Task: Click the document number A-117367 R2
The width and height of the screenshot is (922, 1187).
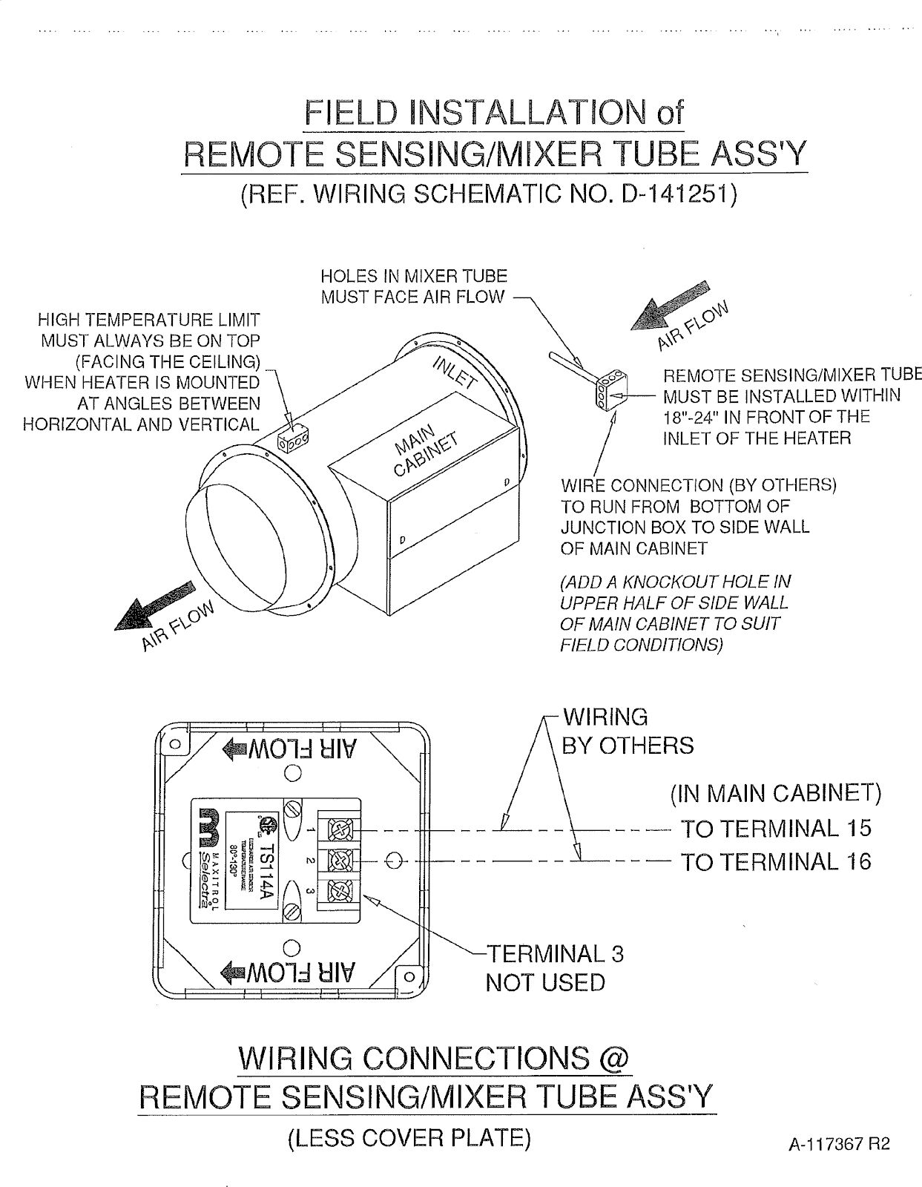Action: [838, 1145]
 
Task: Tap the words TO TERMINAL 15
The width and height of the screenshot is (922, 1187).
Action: [775, 829]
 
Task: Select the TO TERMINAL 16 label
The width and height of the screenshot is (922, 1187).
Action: [775, 862]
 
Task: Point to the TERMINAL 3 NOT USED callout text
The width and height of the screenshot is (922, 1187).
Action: [554, 967]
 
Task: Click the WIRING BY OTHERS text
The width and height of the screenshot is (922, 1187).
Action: [627, 731]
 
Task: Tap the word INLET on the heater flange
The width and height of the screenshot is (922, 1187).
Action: [452, 370]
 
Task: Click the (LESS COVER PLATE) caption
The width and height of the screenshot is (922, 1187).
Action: [409, 1137]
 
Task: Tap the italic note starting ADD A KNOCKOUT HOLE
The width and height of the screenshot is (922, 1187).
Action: [675, 613]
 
